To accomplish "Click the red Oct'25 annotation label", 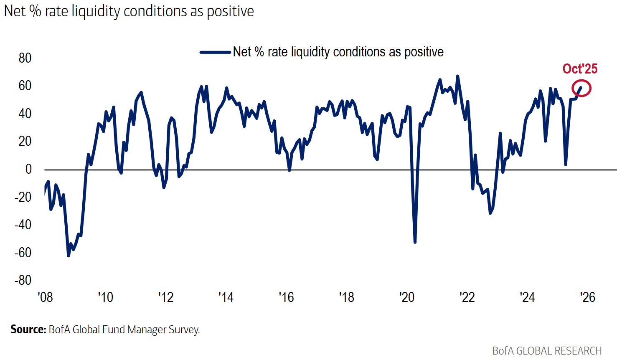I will (x=580, y=69).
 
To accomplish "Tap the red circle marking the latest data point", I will (x=581, y=88).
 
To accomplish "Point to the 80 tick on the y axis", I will (x=25, y=58).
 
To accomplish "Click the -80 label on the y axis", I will (x=23, y=280).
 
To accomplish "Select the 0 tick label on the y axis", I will (x=28, y=169).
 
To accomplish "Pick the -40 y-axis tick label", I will (x=23, y=225).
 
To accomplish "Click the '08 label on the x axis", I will (x=45, y=297).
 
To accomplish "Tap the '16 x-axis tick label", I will (x=286, y=297).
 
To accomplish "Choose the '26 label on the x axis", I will (x=587, y=297).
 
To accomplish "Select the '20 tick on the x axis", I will (x=407, y=297).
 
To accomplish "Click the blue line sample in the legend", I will (x=215, y=52).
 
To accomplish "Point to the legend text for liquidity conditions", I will (x=338, y=52).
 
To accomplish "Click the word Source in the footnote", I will (x=28, y=330).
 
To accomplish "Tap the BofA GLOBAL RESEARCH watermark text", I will (x=547, y=351).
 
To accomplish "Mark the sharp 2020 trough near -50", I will (x=415, y=242).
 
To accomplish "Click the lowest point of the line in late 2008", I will (x=69, y=256).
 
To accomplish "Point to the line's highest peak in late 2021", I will (x=457, y=76).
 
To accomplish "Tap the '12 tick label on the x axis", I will (x=166, y=297).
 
